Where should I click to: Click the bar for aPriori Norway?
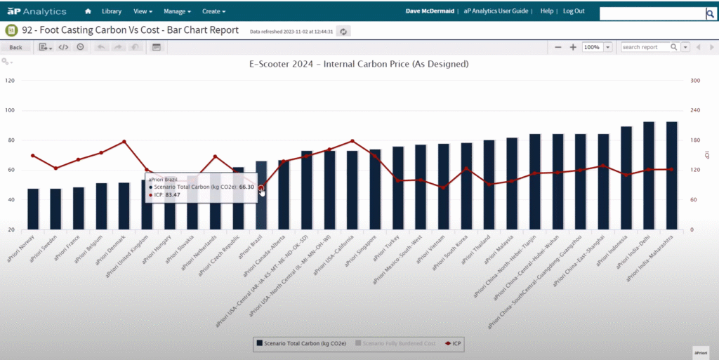[33, 208]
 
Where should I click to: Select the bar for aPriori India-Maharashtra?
[671, 175]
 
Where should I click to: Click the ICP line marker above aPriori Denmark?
[124, 142]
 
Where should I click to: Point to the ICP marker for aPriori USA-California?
[352, 141]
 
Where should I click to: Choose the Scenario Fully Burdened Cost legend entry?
[396, 344]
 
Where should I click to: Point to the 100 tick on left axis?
[10, 110]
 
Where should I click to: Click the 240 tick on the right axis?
[696, 110]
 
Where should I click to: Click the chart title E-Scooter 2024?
[359, 64]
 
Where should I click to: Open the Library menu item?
[111, 11]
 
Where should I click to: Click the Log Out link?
[574, 11]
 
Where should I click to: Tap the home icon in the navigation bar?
[88, 11]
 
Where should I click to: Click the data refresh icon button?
[343, 31]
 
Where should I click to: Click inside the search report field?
[645, 47]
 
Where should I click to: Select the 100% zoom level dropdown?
[597, 47]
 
